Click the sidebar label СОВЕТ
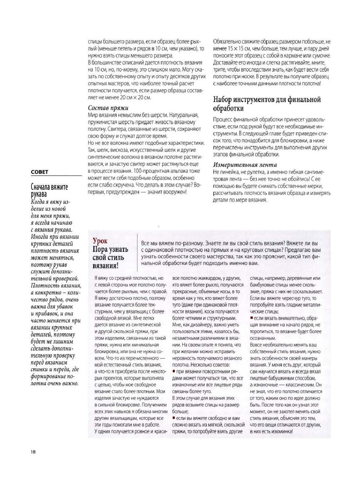point(39,172)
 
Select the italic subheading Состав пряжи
point(108,108)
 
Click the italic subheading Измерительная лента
point(245,165)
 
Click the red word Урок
point(100,241)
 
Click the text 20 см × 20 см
point(134,98)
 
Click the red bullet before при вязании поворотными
point(173,372)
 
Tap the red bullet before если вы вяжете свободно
point(173,418)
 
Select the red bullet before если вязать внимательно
point(251,318)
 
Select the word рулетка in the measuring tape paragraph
point(247,172)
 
